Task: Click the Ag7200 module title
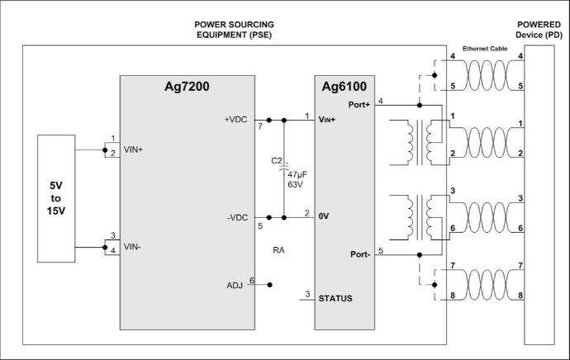coord(187,87)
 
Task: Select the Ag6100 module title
coord(344,87)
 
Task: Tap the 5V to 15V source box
coord(56,198)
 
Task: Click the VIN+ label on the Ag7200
coord(133,149)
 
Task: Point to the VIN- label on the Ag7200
coord(132,247)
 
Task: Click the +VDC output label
coord(236,120)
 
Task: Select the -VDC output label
coord(237,218)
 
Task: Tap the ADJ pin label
coord(235,285)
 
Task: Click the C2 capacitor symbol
coord(284,169)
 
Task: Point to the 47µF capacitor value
coord(297,174)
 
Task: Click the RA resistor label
coord(278,250)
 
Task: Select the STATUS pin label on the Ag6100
coord(335,298)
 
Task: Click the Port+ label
coord(359,105)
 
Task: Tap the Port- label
coord(360,254)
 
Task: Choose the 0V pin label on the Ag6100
coord(324,216)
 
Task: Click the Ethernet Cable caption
coord(485,49)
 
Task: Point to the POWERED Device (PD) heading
coord(539,30)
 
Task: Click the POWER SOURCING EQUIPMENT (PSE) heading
coord(234,30)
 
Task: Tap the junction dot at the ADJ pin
coord(270,285)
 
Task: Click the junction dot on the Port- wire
coord(420,255)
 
